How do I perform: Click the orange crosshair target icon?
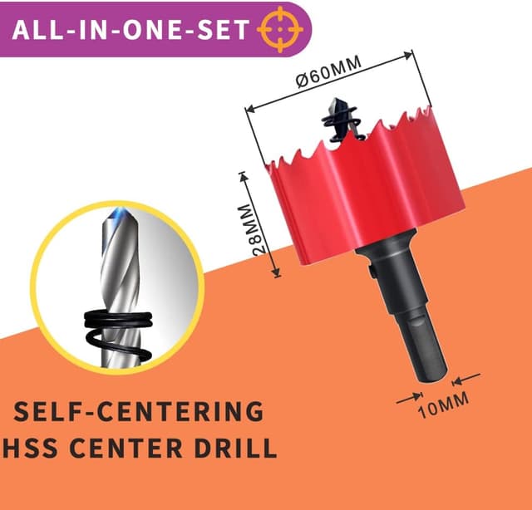tap(280, 30)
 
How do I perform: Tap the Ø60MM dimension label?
tap(328, 71)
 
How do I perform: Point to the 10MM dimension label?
tap(443, 405)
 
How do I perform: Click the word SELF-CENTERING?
tap(139, 411)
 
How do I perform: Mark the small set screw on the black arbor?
tap(372, 272)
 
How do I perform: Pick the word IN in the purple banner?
tap(92, 30)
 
